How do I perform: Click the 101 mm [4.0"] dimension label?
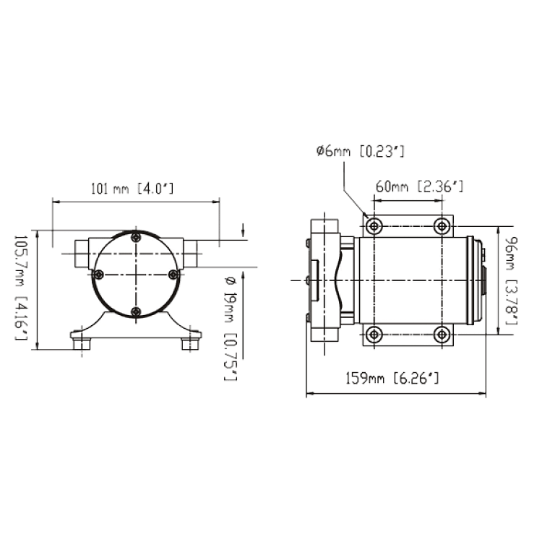click(132, 189)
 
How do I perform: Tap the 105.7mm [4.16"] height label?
click(20, 288)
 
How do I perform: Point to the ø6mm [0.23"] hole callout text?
click(360, 152)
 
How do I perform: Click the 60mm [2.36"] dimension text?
click(419, 186)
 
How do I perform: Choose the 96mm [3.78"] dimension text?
click(511, 280)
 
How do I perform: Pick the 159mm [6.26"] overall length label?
click(392, 379)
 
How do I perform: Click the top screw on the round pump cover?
click(136, 238)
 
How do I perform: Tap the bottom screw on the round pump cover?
click(136, 311)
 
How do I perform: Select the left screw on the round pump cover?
click(99, 275)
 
